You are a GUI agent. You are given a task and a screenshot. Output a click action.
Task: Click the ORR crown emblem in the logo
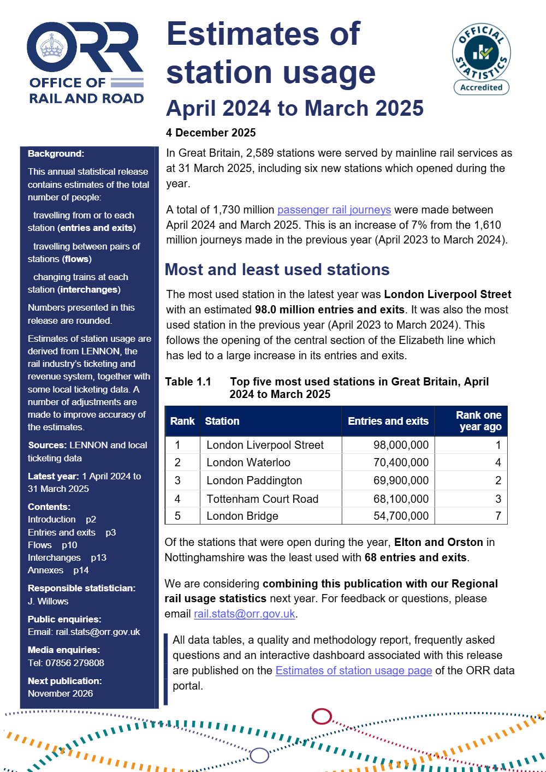pyautogui.click(x=52, y=47)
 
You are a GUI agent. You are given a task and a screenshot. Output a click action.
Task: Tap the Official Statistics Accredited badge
pyautogui.click(x=481, y=59)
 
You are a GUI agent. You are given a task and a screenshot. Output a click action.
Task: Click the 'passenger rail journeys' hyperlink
pyautogui.click(x=334, y=210)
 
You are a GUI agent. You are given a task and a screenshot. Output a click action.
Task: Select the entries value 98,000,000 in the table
pyautogui.click(x=401, y=445)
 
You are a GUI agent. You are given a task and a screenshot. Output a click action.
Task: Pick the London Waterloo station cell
pyautogui.click(x=248, y=462)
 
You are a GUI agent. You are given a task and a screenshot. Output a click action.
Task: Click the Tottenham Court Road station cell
pyautogui.click(x=262, y=499)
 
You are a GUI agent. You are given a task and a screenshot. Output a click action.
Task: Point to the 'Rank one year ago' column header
pyautogui.click(x=478, y=421)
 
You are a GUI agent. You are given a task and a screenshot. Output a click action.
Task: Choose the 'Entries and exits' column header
pyautogui.click(x=388, y=421)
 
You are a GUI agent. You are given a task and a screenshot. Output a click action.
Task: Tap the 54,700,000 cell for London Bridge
pyautogui.click(x=401, y=516)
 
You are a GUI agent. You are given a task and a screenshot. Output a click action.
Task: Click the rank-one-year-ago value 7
pyautogui.click(x=498, y=516)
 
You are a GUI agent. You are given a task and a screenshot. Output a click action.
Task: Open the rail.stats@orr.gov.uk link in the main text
pyautogui.click(x=245, y=614)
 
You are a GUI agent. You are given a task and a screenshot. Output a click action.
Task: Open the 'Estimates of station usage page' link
pyautogui.click(x=354, y=670)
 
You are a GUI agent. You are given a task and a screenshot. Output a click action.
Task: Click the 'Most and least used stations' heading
pyautogui.click(x=277, y=270)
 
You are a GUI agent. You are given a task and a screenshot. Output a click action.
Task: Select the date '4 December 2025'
pyautogui.click(x=211, y=133)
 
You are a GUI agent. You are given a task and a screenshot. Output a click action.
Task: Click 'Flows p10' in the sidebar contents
pyautogui.click(x=52, y=545)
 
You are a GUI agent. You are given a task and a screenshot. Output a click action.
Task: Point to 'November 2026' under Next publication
pyautogui.click(x=61, y=693)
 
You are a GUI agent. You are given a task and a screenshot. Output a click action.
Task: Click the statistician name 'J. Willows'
pyautogui.click(x=48, y=601)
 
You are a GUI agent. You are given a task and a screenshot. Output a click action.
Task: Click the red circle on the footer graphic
pyautogui.click(x=322, y=716)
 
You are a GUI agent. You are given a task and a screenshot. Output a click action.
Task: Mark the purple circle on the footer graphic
pyautogui.click(x=259, y=755)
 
